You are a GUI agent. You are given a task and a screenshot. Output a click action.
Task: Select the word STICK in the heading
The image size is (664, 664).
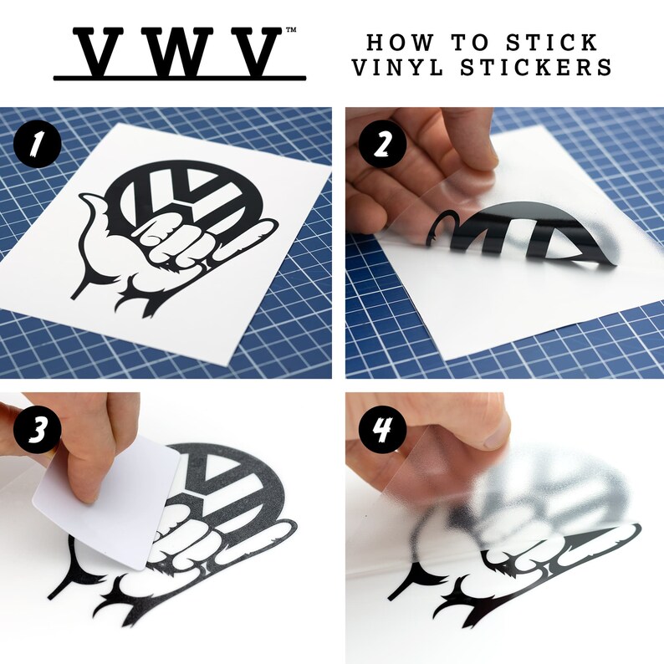[554, 41]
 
